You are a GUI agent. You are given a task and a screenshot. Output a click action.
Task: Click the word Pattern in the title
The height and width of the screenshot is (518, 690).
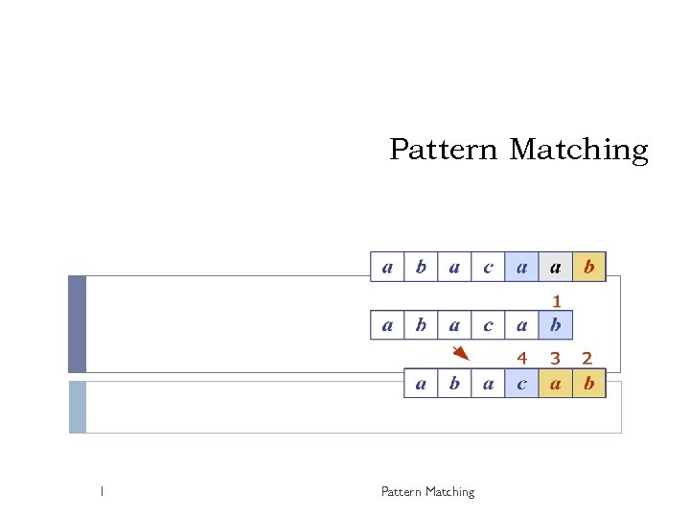point(444,151)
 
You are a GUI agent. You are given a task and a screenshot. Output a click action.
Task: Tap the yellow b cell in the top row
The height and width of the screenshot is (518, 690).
point(589,266)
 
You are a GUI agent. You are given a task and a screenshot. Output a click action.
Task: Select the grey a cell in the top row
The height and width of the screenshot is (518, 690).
point(556,266)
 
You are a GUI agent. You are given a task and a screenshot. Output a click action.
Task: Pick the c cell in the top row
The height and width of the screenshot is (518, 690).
point(489,266)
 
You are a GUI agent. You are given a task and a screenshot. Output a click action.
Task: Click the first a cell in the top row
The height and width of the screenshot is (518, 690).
point(387,266)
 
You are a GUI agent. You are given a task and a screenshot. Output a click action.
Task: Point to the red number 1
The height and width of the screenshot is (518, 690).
point(556,301)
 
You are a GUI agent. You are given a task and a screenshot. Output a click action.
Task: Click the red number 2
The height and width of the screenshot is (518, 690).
point(588,358)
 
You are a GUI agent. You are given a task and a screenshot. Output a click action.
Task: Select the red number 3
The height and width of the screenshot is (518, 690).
point(555,358)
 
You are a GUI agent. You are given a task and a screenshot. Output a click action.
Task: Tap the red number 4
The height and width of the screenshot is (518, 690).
point(522,358)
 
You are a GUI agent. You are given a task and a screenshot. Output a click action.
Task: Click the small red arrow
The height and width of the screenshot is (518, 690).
point(461,353)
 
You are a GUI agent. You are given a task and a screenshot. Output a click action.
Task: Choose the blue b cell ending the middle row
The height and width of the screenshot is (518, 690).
point(556,325)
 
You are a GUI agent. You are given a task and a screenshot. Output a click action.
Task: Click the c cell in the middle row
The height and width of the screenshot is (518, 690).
point(489,325)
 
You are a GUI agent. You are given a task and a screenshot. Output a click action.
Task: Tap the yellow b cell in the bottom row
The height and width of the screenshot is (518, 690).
point(589,384)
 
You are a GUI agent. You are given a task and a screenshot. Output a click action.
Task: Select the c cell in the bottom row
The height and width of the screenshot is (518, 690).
point(522,384)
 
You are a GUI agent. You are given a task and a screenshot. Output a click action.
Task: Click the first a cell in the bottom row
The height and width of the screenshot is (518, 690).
point(421,384)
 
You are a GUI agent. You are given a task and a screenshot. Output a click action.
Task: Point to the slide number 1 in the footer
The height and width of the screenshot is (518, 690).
point(101,492)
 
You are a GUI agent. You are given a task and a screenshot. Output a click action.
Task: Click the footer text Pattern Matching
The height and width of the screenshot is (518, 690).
point(427,492)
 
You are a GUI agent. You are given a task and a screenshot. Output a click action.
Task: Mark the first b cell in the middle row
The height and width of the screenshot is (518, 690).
point(421,325)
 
